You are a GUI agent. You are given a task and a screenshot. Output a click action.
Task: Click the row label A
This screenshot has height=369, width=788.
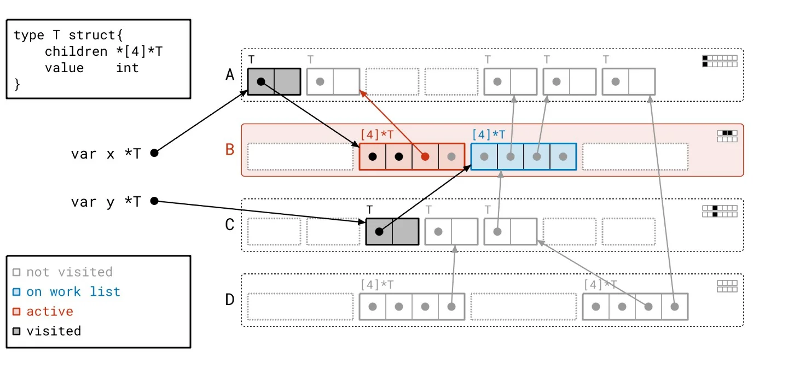(x=230, y=75)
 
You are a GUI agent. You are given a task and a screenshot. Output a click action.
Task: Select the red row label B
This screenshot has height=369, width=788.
(x=230, y=149)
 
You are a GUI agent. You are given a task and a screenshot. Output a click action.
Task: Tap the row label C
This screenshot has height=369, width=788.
(x=230, y=225)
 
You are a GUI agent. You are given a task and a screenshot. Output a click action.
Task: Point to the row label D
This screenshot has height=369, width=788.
(x=230, y=300)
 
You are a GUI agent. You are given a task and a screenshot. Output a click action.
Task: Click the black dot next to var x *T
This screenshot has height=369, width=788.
(x=154, y=153)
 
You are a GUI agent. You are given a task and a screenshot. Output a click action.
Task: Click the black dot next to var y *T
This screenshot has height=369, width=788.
(x=154, y=201)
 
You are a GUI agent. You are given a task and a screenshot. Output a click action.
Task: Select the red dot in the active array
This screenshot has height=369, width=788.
(x=425, y=156)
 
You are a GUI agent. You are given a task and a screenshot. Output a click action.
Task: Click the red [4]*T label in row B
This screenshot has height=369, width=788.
(x=378, y=134)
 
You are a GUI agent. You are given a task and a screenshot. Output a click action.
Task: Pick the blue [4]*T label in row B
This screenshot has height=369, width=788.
(x=489, y=134)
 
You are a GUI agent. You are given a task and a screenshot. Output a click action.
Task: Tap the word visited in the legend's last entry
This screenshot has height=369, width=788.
(x=54, y=331)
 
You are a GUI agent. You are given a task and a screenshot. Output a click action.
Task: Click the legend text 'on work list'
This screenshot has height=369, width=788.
(x=73, y=291)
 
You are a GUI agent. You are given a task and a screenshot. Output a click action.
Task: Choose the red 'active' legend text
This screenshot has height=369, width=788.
(x=50, y=311)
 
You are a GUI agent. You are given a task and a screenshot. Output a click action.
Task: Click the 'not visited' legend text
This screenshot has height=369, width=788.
(x=69, y=272)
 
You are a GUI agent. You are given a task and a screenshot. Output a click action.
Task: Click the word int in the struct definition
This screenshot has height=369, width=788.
(x=128, y=68)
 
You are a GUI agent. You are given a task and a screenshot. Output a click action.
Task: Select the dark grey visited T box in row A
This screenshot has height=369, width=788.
(x=274, y=81)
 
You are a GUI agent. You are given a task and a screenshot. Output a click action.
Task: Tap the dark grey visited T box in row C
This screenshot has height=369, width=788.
(x=392, y=231)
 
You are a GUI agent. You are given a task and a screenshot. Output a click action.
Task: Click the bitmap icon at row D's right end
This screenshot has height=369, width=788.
(x=727, y=286)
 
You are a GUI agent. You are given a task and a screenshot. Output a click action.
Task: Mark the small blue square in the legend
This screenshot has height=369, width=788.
(x=16, y=292)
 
